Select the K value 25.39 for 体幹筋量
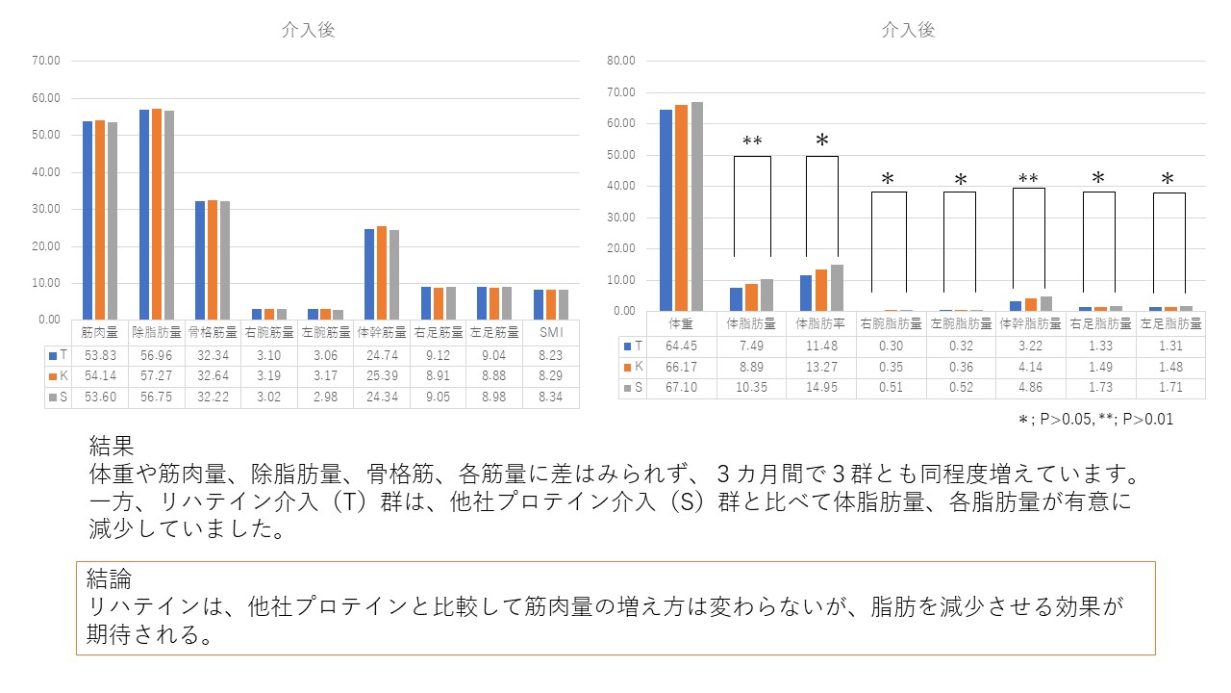(x=384, y=376)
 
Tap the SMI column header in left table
(x=551, y=332)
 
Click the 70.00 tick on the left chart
(x=46, y=61)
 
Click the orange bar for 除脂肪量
(x=157, y=214)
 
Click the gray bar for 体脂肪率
(x=838, y=287)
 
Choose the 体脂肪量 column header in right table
(x=750, y=324)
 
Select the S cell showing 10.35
(x=750, y=388)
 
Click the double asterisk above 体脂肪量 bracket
(x=752, y=142)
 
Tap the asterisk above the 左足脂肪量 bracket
(x=1168, y=179)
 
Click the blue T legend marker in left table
(x=52, y=355)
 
